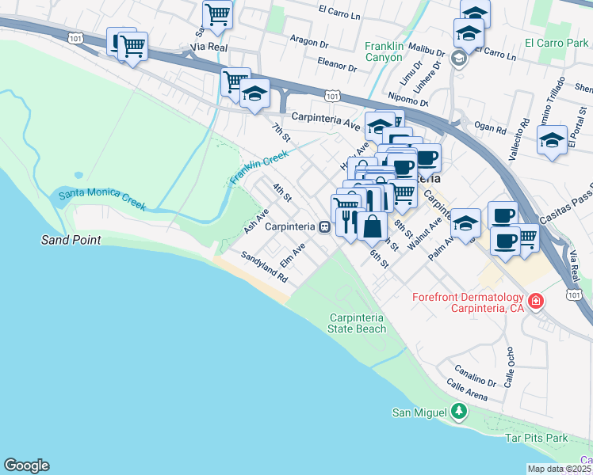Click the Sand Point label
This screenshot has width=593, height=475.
point(71,239)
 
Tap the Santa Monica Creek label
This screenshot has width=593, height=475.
point(101,199)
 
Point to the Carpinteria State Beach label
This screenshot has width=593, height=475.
point(358,323)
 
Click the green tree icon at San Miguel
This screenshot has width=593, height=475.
point(459,412)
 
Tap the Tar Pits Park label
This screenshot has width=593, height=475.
point(537,438)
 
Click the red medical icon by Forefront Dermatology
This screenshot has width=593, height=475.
point(536,302)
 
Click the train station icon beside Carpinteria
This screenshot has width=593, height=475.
point(324,226)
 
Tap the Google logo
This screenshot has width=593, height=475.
point(26,465)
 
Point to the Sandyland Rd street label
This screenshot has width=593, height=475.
point(263,268)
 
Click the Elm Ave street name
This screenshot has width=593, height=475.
point(293,256)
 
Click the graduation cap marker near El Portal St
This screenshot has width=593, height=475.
point(552,142)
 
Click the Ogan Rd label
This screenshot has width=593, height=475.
point(490,127)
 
